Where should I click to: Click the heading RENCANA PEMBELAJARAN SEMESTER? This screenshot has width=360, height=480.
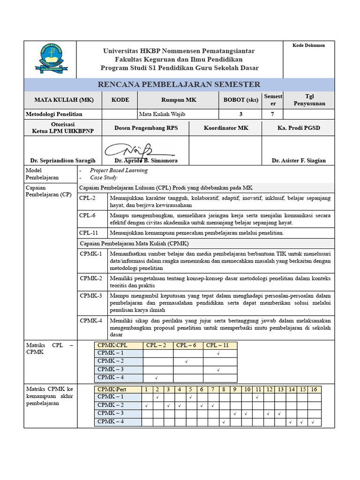point(179,84)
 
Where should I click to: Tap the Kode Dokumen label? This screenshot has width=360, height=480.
point(308,45)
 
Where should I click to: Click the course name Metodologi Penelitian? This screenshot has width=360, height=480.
point(54,114)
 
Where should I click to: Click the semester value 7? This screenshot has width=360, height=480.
point(272,114)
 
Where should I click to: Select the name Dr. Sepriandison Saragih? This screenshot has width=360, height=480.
point(63,160)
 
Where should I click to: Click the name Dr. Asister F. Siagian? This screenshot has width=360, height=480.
point(299,160)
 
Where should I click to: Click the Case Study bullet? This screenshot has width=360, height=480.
point(104,178)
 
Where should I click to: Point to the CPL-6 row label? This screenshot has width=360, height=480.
point(88,215)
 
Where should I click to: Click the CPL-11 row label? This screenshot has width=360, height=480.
point(89,232)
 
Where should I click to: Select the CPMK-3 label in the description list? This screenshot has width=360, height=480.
point(91,296)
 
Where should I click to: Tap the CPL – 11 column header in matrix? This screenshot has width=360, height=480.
point(217,345)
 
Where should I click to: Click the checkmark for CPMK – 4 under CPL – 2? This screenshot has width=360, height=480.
point(156,378)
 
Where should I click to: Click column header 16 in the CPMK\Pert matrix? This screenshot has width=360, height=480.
point(314,390)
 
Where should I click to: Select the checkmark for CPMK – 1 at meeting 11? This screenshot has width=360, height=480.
point(258,397)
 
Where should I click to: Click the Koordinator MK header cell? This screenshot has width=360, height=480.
point(226,128)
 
